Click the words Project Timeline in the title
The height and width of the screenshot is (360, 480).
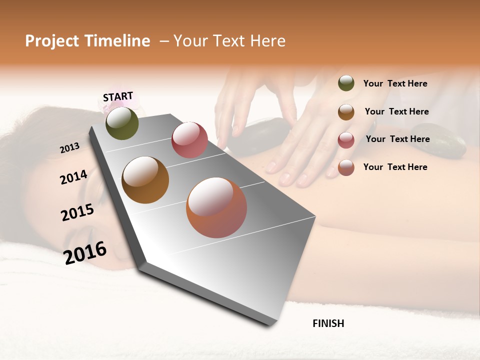click(x=87, y=41)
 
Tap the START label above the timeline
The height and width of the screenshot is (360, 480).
click(x=118, y=96)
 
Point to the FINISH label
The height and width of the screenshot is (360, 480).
click(x=328, y=323)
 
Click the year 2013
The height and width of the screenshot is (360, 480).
click(x=69, y=148)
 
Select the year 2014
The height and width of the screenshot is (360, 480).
click(x=73, y=177)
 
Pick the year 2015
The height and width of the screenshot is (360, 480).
click(x=77, y=212)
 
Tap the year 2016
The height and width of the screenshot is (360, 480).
click(x=85, y=252)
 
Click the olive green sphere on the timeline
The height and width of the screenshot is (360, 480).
click(x=122, y=123)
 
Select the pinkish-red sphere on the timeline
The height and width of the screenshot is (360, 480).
click(x=189, y=140)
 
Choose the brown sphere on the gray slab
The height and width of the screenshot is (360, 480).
click(x=145, y=180)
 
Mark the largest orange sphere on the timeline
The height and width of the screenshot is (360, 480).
click(x=216, y=207)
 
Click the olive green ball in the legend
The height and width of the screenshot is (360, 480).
click(x=346, y=83)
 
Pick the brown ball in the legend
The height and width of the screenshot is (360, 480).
click(x=346, y=112)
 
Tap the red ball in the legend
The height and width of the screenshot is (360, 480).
click(x=346, y=140)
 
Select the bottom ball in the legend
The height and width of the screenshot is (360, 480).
click(x=346, y=167)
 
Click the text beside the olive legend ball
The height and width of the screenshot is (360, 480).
click(x=395, y=83)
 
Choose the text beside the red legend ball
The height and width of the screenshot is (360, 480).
click(x=397, y=139)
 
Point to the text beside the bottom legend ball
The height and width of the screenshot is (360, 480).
click(x=395, y=167)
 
